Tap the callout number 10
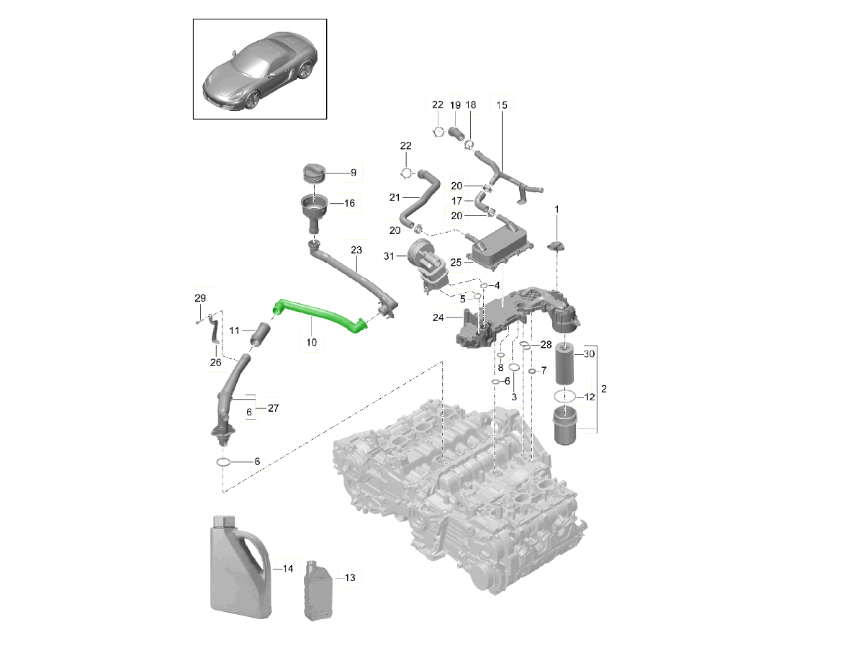311,343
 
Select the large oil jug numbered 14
238,569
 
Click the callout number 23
356,250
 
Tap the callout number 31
390,256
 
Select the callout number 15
502,105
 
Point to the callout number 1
557,210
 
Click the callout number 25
455,263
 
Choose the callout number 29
200,298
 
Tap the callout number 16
349,204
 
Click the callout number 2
604,389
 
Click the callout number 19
455,105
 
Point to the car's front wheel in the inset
252,100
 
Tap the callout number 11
235,330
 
